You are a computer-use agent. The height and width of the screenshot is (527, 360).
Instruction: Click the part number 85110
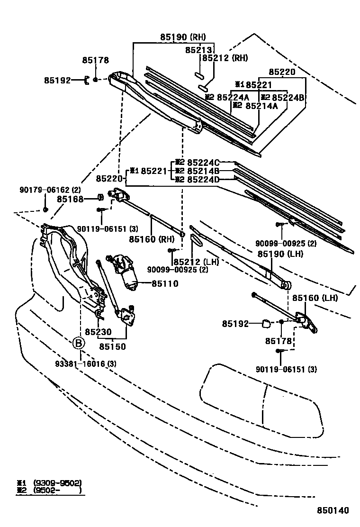coord(165,284)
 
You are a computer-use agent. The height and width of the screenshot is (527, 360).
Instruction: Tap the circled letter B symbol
coord(79,343)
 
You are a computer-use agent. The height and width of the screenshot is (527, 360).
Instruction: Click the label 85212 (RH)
coord(225,58)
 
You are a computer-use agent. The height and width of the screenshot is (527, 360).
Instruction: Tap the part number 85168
coord(71,200)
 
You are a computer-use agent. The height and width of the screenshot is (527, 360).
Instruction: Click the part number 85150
coord(112,346)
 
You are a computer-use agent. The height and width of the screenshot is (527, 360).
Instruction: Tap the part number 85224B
coord(288,98)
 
